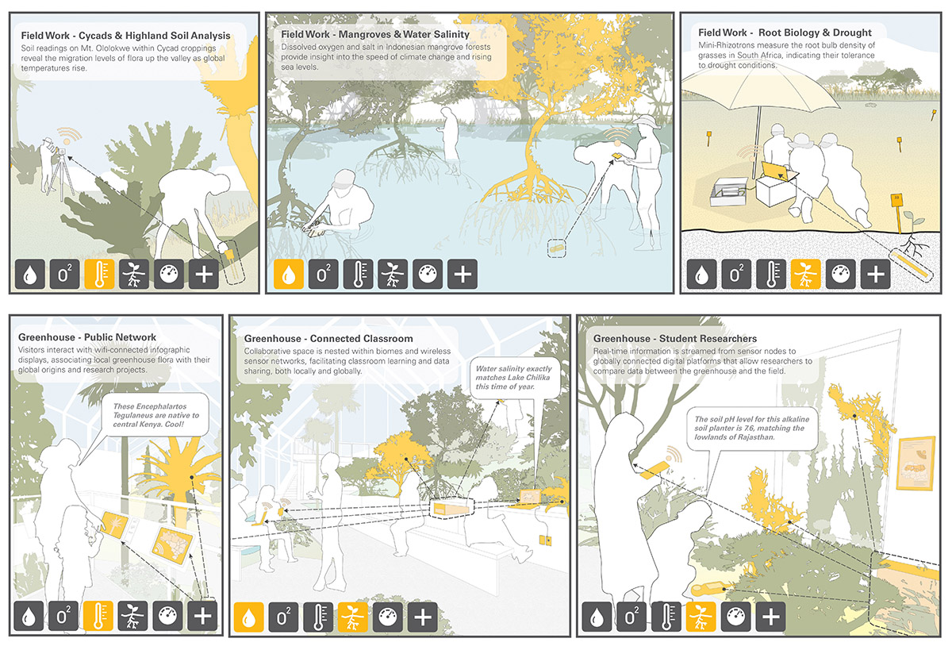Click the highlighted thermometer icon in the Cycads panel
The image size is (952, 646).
pyautogui.click(x=99, y=275)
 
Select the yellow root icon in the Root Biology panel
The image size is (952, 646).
pyautogui.click(x=806, y=275)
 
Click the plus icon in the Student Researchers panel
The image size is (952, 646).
pyautogui.click(x=770, y=616)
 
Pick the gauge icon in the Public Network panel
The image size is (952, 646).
pyautogui.click(x=168, y=616)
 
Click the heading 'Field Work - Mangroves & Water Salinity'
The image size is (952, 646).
pyautogui.click(x=375, y=34)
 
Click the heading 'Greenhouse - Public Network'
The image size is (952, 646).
pyautogui.click(x=87, y=337)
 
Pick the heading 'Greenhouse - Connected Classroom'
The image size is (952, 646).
pyautogui.click(x=328, y=339)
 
